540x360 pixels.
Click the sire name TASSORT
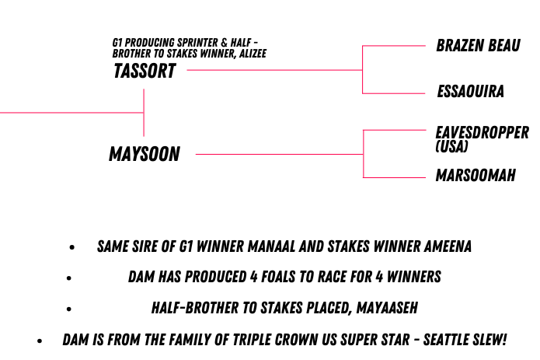tap(145, 71)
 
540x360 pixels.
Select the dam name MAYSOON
tap(145, 154)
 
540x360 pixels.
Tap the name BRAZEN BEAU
tap(478, 45)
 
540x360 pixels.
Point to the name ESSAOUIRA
tap(470, 91)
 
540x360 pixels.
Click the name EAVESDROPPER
tap(483, 133)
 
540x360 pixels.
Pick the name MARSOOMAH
tap(476, 175)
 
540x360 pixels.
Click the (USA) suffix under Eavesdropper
tap(451, 146)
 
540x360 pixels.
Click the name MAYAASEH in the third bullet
tap(387, 308)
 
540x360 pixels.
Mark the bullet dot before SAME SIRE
tap(72, 247)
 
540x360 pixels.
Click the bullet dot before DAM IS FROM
tap(40, 341)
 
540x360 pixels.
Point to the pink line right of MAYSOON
tap(279, 154)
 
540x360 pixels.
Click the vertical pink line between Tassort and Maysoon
tap(144, 113)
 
